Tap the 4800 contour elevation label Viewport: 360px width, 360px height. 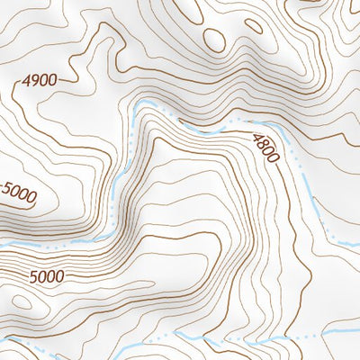pyautogui.click(x=267, y=147)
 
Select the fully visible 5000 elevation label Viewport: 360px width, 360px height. pyautogui.click(x=46, y=276)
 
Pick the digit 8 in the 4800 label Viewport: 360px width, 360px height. pyautogui.click(x=264, y=142)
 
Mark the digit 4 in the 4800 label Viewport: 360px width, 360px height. pyautogui.click(x=258, y=135)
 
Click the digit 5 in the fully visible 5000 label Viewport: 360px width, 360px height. pyautogui.click(x=33, y=276)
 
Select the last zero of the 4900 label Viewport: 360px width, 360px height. pyautogui.click(x=53, y=80)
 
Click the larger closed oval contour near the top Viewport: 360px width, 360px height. pyautogui.click(x=215, y=38)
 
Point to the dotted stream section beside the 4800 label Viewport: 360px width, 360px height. pyautogui.click(x=236, y=120)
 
